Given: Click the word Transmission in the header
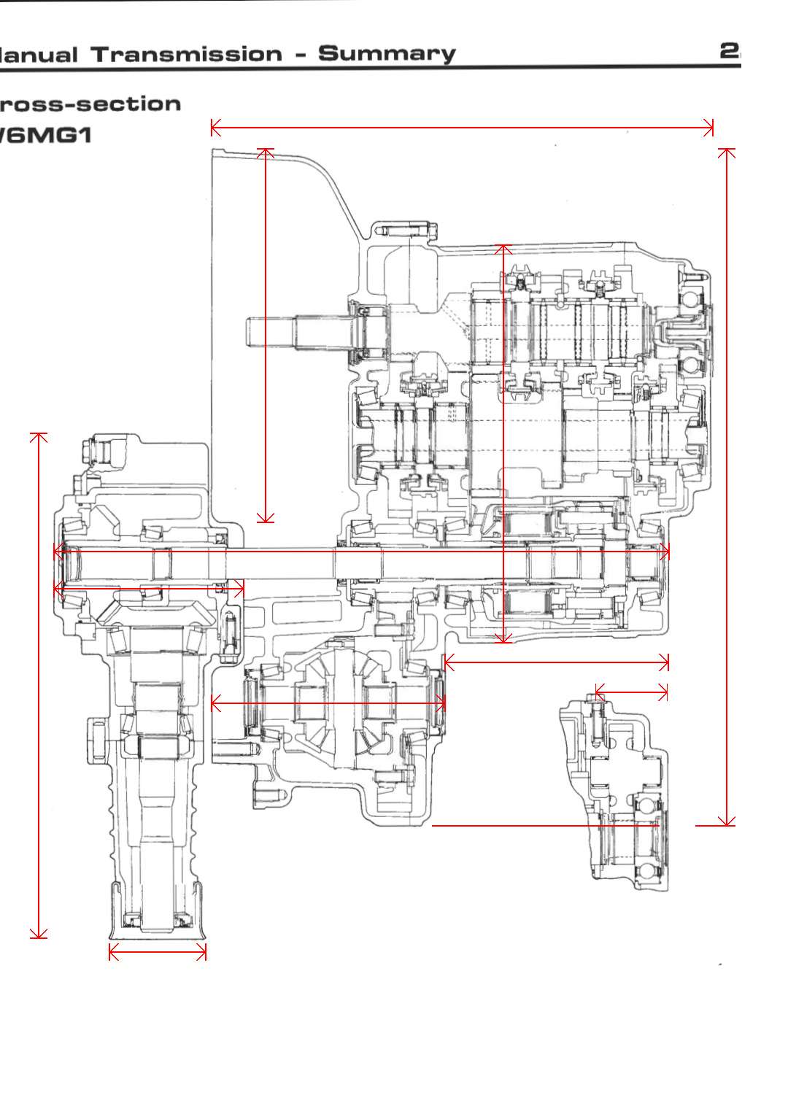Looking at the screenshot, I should click(187, 54).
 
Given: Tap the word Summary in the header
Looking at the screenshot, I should click(387, 53).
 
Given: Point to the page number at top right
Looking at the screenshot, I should click(730, 50).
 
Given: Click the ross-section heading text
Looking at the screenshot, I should click(90, 104).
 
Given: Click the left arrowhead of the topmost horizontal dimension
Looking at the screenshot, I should click(212, 128).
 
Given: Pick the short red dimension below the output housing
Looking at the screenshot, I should click(158, 952).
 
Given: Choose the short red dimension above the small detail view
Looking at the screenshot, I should click(631, 692).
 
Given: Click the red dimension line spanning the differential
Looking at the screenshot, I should click(328, 703).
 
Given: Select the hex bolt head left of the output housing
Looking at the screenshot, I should click(98, 740).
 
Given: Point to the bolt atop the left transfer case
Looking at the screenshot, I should click(95, 449).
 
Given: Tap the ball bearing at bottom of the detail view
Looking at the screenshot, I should click(646, 872).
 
